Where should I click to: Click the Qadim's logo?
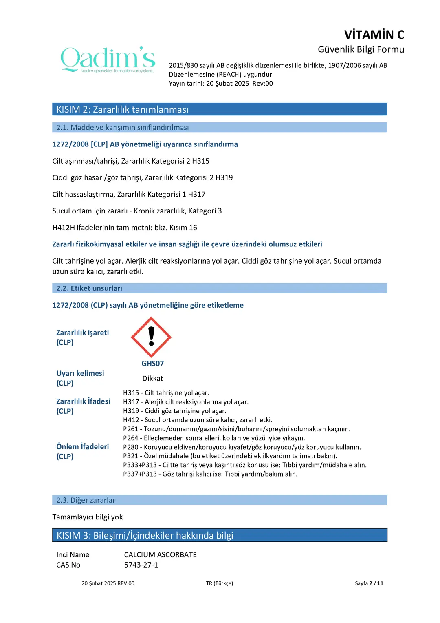pyautogui.click(x=108, y=60)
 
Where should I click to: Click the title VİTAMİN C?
pyautogui.click(x=374, y=35)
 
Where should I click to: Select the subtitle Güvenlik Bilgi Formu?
pyautogui.click(x=361, y=49)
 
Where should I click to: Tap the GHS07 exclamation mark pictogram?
pyautogui.click(x=151, y=337)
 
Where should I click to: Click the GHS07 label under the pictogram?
pyautogui.click(x=152, y=364)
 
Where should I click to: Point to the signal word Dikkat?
pyautogui.click(x=152, y=379)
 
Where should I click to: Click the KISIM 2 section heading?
pyautogui.click(x=122, y=109)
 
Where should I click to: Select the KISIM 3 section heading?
pyautogui.click(x=145, y=535)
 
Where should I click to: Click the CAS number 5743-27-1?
pyautogui.click(x=141, y=565)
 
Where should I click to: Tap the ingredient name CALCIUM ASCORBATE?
pyautogui.click(x=160, y=555)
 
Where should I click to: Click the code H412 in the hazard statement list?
pyautogui.click(x=131, y=420)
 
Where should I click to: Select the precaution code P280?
pyautogui.click(x=131, y=447)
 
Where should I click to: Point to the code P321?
pyautogui.click(x=131, y=456)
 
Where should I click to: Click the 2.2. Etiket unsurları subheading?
pyautogui.click(x=89, y=288)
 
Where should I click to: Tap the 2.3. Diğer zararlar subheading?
pyautogui.click(x=86, y=500)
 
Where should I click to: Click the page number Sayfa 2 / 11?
pyautogui.click(x=369, y=583)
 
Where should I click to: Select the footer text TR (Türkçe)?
pyautogui.click(x=220, y=583)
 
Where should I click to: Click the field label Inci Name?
pyautogui.click(x=73, y=555)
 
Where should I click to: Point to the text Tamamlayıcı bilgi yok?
pyautogui.click(x=88, y=517)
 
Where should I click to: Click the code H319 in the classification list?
pyautogui.click(x=224, y=177)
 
